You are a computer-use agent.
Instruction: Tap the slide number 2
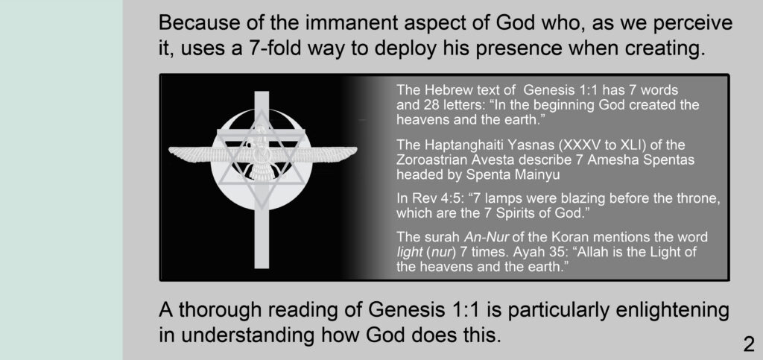point(749,344)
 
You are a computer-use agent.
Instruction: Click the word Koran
point(583,237)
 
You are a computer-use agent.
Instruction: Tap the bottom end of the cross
point(262,268)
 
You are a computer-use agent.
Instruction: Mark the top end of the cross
point(262,92)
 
